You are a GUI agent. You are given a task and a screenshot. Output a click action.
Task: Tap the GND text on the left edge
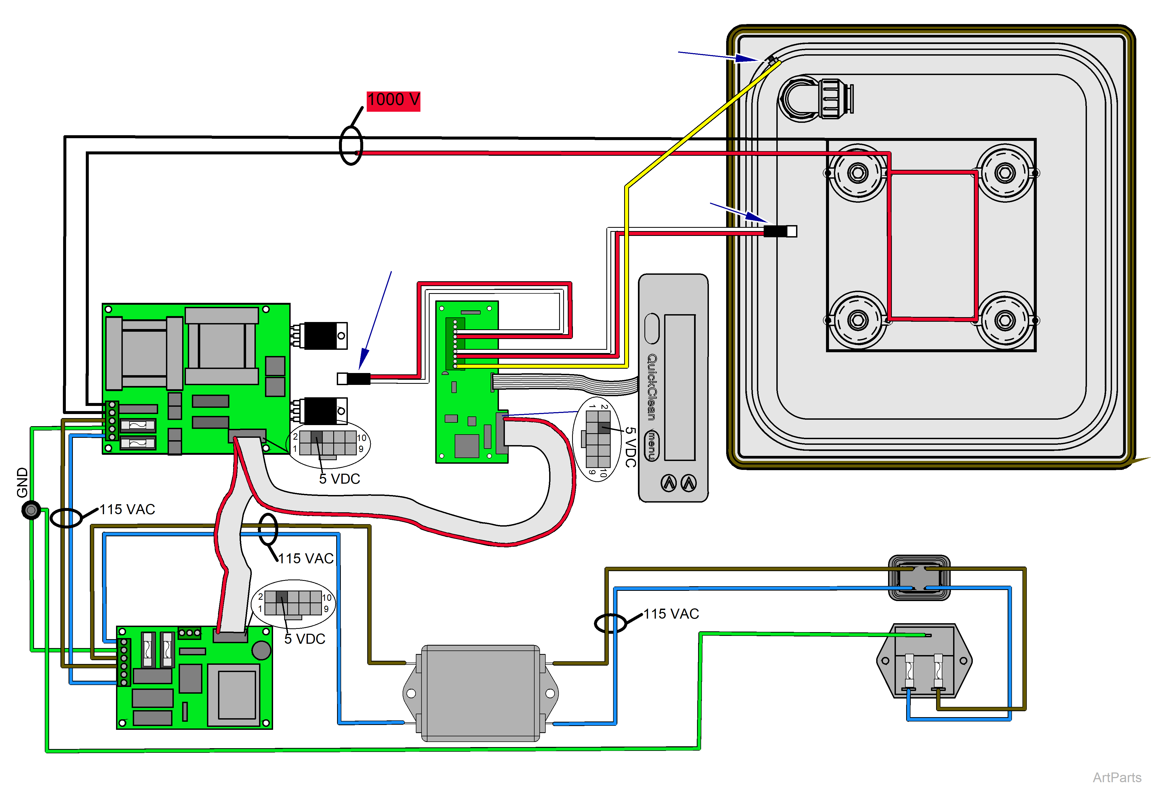pos(22,482)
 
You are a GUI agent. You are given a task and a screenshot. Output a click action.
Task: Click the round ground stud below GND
pos(31,510)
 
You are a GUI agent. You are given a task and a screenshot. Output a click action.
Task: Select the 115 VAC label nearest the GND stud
pos(127,509)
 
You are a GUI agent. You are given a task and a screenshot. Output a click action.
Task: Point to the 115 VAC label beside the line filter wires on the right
pos(671,613)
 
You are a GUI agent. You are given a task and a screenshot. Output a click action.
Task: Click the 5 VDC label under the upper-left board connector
pos(339,479)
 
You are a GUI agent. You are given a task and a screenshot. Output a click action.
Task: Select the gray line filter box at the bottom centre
pos(480,693)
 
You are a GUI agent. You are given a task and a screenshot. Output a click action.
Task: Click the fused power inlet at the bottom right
pos(923,661)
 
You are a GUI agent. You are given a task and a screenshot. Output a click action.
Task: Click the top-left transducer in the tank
pos(857,173)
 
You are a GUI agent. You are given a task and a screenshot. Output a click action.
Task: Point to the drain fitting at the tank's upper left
pos(814,98)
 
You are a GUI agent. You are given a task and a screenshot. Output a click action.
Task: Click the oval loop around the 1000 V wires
pos(351,145)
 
